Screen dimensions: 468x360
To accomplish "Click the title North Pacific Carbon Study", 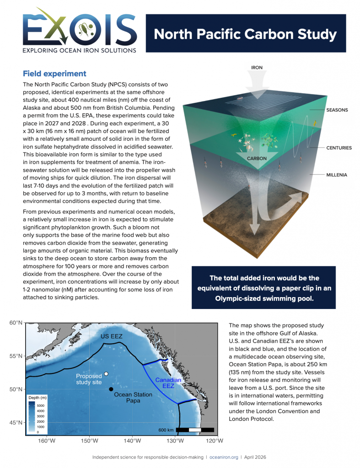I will pyautogui.click(x=245, y=34).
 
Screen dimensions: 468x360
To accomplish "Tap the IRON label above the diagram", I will pyautogui.click(x=257, y=68).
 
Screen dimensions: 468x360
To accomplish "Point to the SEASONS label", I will pyautogui.click(x=337, y=110).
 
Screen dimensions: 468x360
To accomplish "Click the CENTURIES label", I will pyautogui.click(x=339, y=148).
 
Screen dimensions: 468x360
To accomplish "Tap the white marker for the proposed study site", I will pyautogui.click(x=106, y=374).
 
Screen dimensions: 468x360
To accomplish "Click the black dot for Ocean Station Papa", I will pyautogui.click(x=111, y=389).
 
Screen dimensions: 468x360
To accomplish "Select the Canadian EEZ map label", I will pyautogui.click(x=168, y=383).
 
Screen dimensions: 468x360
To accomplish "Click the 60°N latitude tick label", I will pyautogui.click(x=16, y=323).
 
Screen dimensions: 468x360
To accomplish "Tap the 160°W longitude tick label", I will pyautogui.click(x=47, y=441).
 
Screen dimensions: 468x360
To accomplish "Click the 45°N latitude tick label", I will pyautogui.click(x=16, y=422).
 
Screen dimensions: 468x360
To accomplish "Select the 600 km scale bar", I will pyautogui.click(x=195, y=430).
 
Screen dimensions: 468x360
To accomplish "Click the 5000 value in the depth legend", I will pyautogui.click(x=41, y=405).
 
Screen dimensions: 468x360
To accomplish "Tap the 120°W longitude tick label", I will pyautogui.click(x=215, y=441).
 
